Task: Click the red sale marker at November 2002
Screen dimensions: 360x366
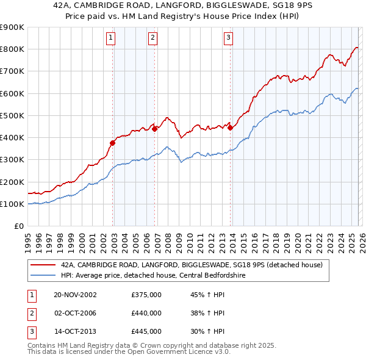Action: tap(113, 143)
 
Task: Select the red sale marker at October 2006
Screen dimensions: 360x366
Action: tap(155, 129)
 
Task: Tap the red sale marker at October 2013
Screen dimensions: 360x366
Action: tap(231, 128)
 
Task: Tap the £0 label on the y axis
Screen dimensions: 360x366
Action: tap(18, 226)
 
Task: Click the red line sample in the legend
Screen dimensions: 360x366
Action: tap(43, 265)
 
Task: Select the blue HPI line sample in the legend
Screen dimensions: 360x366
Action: tap(43, 275)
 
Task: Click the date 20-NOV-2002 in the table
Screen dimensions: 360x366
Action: tap(75, 295)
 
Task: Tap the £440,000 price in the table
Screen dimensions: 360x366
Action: tap(146, 313)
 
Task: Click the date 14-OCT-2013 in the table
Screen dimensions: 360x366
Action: tap(75, 331)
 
